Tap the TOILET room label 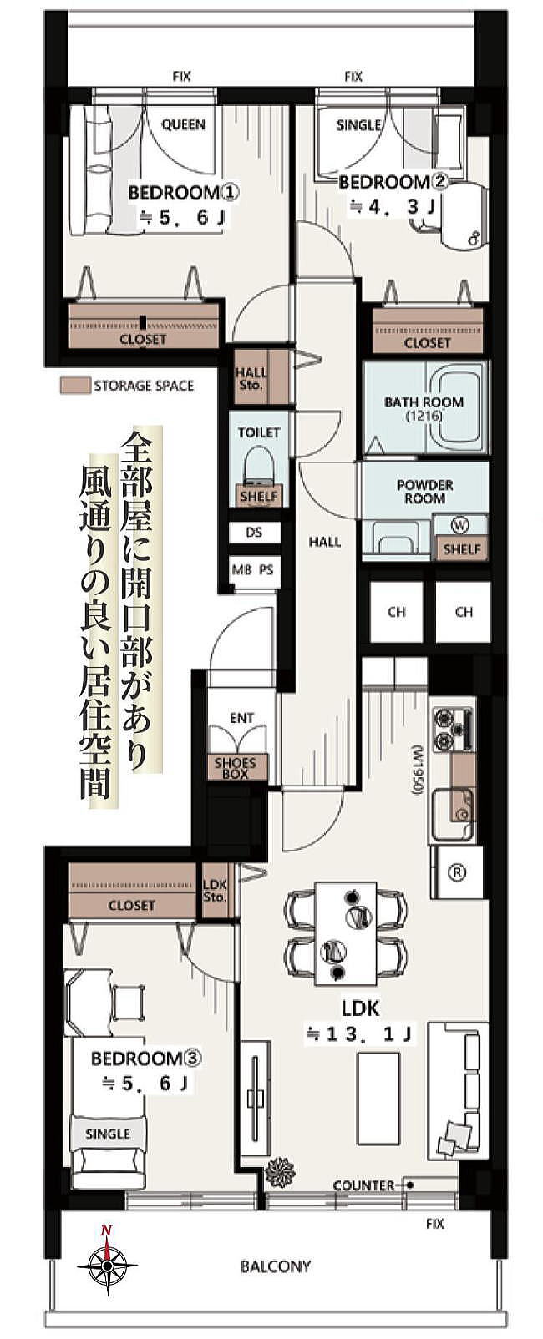point(259,432)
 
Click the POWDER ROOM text point(425,492)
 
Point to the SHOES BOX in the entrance point(236,768)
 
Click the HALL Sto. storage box point(251,379)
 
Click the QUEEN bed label point(184,125)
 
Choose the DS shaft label point(254,532)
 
